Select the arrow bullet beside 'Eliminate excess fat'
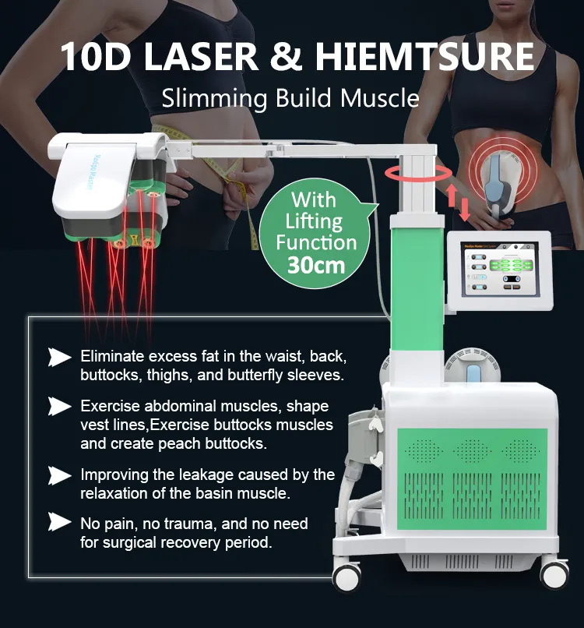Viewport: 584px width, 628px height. (60, 358)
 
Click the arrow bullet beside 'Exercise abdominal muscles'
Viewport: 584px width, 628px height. (60, 407)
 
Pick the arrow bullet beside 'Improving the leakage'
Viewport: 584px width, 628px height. (60, 475)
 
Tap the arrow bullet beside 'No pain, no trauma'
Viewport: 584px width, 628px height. (60, 523)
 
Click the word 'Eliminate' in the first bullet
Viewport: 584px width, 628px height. (109, 357)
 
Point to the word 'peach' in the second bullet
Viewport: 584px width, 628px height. (184, 444)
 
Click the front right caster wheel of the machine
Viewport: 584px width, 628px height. (554, 573)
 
